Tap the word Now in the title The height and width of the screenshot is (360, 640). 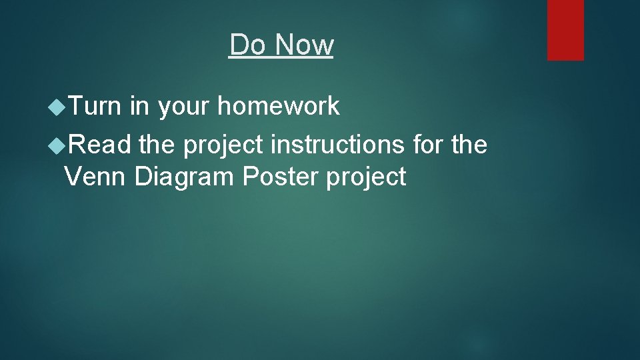(303, 45)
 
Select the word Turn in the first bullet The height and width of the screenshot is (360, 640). (93, 106)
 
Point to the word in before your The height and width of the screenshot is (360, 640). (139, 106)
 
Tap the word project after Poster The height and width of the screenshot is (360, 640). (366, 178)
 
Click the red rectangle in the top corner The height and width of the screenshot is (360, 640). (565, 30)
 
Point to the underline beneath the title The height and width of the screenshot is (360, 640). (281, 57)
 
